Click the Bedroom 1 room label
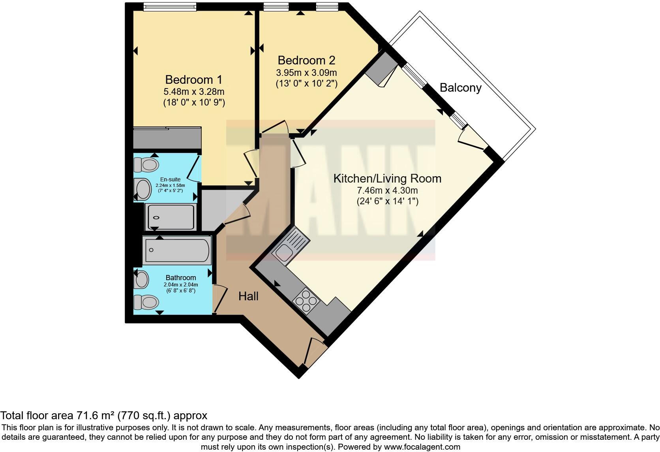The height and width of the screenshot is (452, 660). (x=193, y=79)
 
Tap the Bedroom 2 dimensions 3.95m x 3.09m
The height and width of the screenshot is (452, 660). (x=306, y=73)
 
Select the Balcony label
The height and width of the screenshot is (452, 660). (x=460, y=87)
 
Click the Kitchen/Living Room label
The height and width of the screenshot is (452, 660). (x=387, y=178)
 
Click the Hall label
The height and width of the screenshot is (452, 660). (x=248, y=296)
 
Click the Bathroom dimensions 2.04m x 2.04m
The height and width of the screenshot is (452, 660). (x=180, y=284)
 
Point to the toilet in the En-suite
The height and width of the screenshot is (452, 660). (x=145, y=164)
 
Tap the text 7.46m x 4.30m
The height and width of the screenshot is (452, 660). (x=387, y=190)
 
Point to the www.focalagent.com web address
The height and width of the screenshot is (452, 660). (x=422, y=447)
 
